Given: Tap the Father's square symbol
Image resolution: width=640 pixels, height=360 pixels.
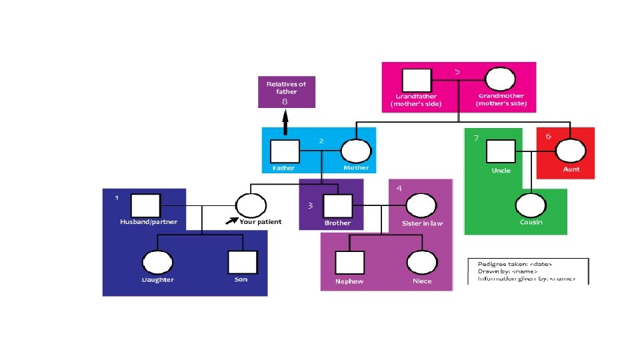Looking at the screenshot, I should point(284,152).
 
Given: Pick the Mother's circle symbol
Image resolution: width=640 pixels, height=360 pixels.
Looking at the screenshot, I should point(355,152).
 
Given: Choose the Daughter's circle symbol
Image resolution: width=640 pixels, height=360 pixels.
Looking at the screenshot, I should point(157,262).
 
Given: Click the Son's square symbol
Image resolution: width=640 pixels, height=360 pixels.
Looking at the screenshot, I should point(241,262).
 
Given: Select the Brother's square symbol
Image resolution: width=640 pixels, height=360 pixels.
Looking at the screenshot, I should point(337,206).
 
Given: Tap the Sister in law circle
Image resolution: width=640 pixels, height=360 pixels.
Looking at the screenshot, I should point(417,206).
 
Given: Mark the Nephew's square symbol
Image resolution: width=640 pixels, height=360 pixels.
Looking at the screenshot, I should point(349,263).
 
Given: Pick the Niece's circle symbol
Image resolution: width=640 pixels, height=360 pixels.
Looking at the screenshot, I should point(421,263).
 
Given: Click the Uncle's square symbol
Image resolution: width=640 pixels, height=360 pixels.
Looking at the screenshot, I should point(500,151).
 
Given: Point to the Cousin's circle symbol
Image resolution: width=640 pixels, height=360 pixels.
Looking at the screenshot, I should point(530,206).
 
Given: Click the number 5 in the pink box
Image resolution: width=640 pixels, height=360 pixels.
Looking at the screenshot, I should point(457,71).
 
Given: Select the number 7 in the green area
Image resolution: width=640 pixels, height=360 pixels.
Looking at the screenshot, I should point(476,139).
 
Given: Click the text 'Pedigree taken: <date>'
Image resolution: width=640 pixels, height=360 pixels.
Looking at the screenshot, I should point(510,263).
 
